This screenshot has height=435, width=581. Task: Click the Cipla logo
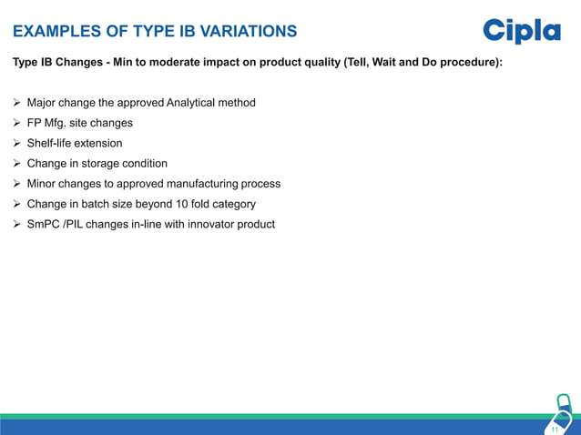[521, 31]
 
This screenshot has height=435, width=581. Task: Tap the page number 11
[555, 429]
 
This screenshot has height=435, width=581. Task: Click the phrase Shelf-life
[51, 143]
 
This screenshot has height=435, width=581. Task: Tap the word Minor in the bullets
[43, 184]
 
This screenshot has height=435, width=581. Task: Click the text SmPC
[43, 224]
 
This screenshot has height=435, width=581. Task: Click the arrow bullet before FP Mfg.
[16, 123]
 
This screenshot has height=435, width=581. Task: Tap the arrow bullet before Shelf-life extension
[16, 143]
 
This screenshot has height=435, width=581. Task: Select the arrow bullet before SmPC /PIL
[16, 224]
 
